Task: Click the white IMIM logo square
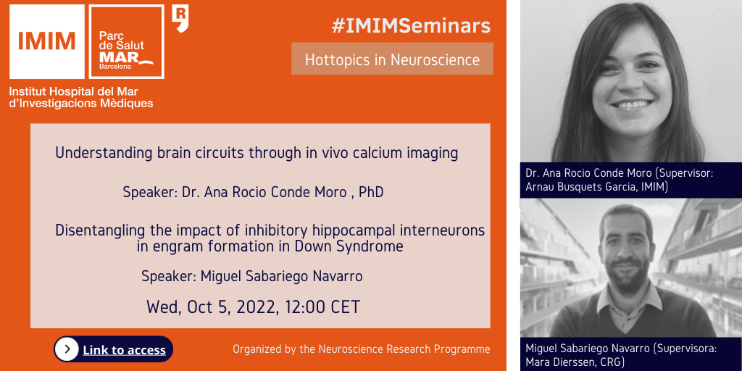(47, 41)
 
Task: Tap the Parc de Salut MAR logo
(127, 41)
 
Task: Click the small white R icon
(180, 18)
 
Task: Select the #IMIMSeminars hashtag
(411, 25)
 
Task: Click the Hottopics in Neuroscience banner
(392, 59)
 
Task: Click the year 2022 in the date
(256, 307)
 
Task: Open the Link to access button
(114, 349)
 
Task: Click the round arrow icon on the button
(67, 349)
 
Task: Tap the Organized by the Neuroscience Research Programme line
(362, 350)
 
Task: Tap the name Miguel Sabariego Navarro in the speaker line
(282, 276)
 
